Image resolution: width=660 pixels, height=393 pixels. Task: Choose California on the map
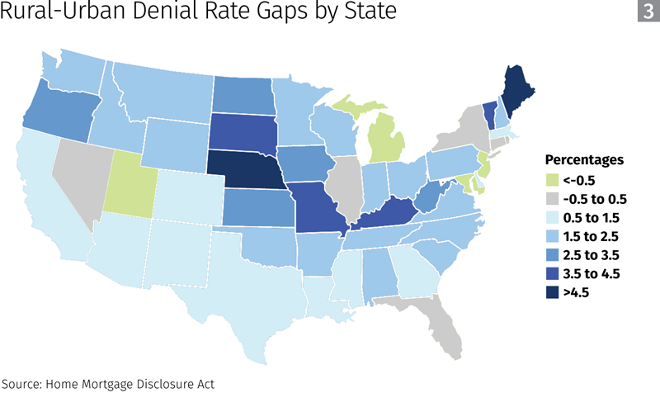41,198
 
